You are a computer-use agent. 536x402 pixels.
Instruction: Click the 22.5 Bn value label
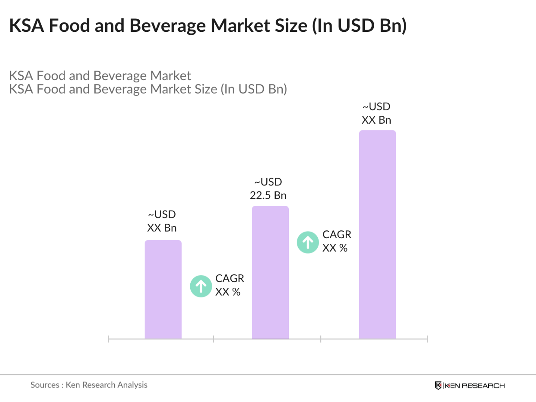click(268, 195)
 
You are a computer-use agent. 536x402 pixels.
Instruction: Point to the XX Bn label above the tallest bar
click(376, 120)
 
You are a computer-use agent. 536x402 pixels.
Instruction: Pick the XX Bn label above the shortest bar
click(161, 228)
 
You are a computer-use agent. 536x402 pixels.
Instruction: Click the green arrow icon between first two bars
click(201, 286)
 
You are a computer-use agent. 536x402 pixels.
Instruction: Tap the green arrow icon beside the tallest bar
click(308, 242)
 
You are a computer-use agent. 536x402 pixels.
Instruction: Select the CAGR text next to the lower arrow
click(230, 278)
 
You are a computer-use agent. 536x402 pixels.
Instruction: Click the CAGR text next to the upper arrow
click(337, 235)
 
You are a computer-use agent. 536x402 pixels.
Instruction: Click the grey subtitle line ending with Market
click(100, 76)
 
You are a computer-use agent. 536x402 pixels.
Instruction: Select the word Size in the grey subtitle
click(205, 89)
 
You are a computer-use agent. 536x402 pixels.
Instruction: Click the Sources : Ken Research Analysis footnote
click(89, 385)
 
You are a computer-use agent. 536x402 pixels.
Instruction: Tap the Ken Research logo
click(470, 386)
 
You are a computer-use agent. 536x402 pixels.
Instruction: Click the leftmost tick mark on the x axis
click(108, 339)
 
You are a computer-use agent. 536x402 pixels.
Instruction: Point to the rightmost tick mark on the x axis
click(427, 339)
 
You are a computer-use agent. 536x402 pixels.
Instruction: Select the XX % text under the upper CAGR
click(335, 248)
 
